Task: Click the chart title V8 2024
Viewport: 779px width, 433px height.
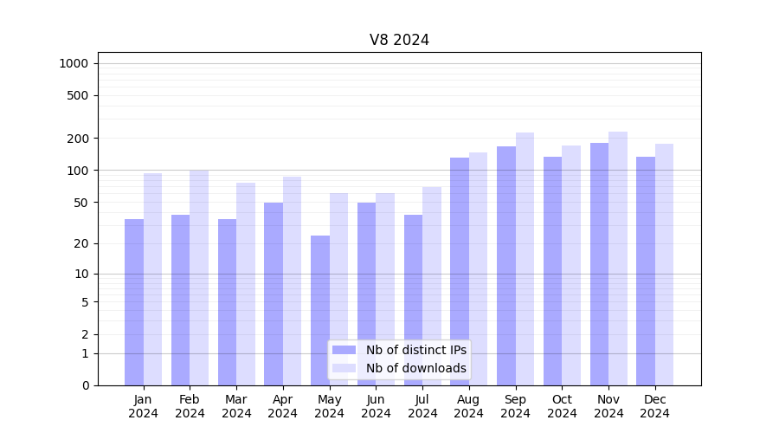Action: (x=399, y=40)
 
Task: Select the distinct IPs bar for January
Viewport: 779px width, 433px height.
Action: (x=134, y=302)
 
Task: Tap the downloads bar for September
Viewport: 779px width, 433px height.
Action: (x=525, y=259)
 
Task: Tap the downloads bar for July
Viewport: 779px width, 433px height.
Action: (x=432, y=286)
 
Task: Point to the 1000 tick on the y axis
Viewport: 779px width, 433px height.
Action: (x=74, y=63)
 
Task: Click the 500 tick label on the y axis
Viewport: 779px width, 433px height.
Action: (x=78, y=95)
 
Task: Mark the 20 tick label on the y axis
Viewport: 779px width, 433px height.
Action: (x=81, y=243)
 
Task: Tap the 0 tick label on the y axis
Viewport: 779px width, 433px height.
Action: (x=85, y=385)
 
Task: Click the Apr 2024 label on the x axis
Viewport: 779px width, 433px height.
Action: (x=283, y=406)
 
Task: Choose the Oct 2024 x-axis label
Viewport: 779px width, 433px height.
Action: (x=562, y=406)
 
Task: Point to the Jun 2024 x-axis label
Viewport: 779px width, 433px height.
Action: (x=376, y=406)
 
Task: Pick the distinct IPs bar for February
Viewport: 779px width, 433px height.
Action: (x=180, y=300)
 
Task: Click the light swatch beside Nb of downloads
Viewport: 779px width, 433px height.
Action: (x=344, y=368)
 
